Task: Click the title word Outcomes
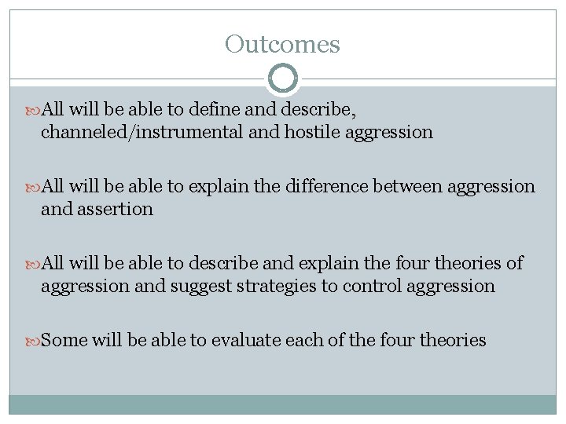[x=282, y=44]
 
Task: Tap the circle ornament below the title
[x=283, y=79]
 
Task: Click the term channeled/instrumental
[x=141, y=132]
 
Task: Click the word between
[x=443, y=186]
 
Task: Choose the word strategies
[x=274, y=286]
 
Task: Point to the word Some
[x=64, y=340]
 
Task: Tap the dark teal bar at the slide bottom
[x=283, y=404]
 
